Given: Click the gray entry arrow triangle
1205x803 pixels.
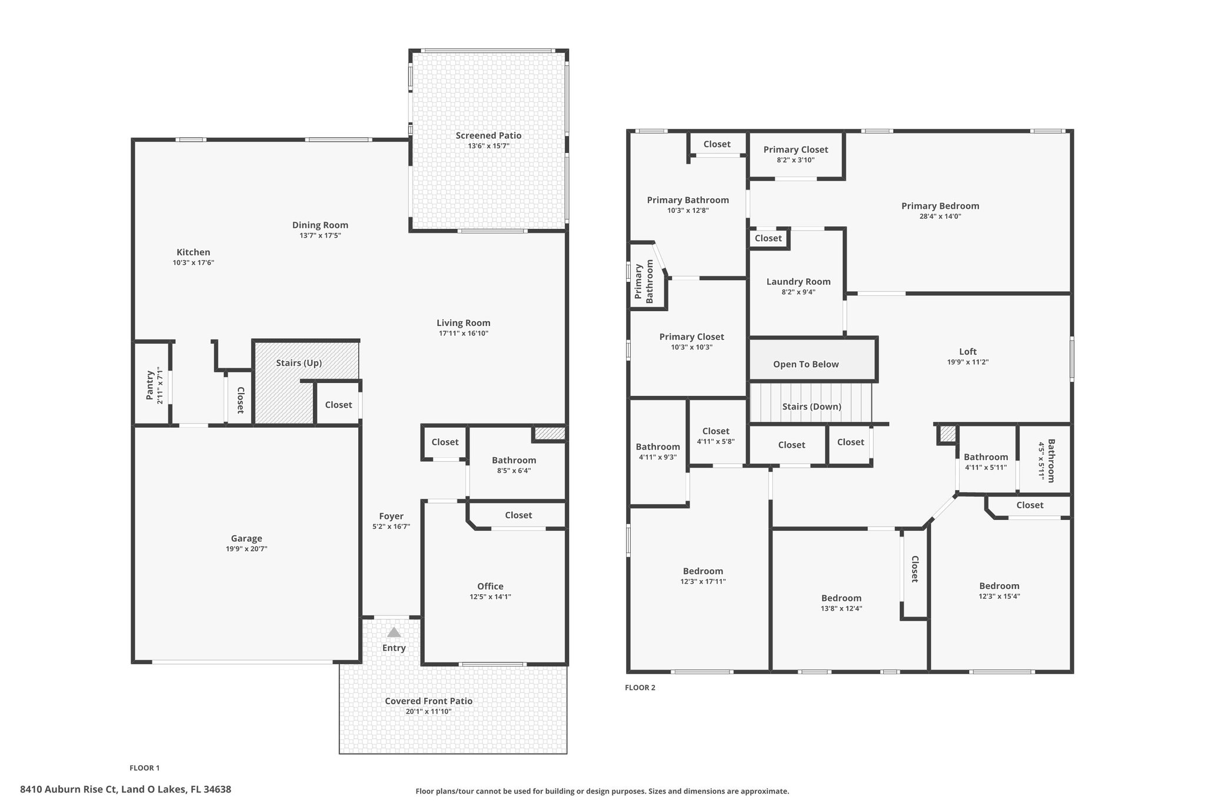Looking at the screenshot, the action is (394, 632).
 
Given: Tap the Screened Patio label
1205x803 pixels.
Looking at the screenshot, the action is (488, 135).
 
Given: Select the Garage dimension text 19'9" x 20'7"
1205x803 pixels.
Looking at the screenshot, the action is (246, 549).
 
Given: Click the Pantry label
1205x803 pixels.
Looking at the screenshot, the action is (150, 385).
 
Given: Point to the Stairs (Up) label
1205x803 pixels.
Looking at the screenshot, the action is (299, 363).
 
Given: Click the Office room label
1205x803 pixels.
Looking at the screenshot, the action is (490, 586).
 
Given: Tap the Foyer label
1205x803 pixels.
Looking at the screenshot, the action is (391, 517).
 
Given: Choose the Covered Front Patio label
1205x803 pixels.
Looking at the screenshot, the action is (428, 701).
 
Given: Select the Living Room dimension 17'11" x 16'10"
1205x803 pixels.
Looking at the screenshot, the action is (464, 334).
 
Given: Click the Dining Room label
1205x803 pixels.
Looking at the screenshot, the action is (320, 225).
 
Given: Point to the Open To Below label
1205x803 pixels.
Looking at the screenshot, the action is (806, 364).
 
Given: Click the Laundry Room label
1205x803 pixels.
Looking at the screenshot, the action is (798, 282).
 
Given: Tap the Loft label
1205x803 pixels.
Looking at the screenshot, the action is (968, 352).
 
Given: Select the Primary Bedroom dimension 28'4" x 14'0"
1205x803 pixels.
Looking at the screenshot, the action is (940, 216).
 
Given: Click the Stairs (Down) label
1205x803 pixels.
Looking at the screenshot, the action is (811, 407).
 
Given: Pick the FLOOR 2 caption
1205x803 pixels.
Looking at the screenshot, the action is (640, 688).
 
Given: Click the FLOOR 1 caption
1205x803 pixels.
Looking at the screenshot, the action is (144, 768).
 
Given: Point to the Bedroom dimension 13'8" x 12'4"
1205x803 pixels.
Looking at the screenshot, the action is (841, 609).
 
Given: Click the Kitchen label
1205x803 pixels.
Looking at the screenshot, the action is (193, 252).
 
